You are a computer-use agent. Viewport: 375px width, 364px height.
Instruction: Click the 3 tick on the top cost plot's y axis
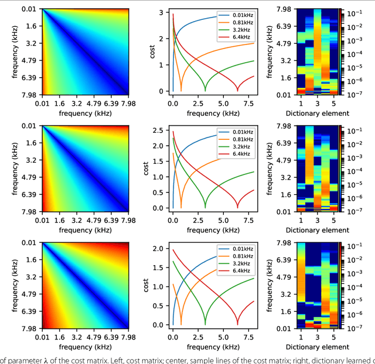tap(163, 12)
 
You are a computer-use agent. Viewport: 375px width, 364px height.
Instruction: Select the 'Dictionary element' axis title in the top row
tap(317, 114)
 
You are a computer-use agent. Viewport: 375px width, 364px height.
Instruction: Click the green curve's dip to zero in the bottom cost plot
tap(205, 324)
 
